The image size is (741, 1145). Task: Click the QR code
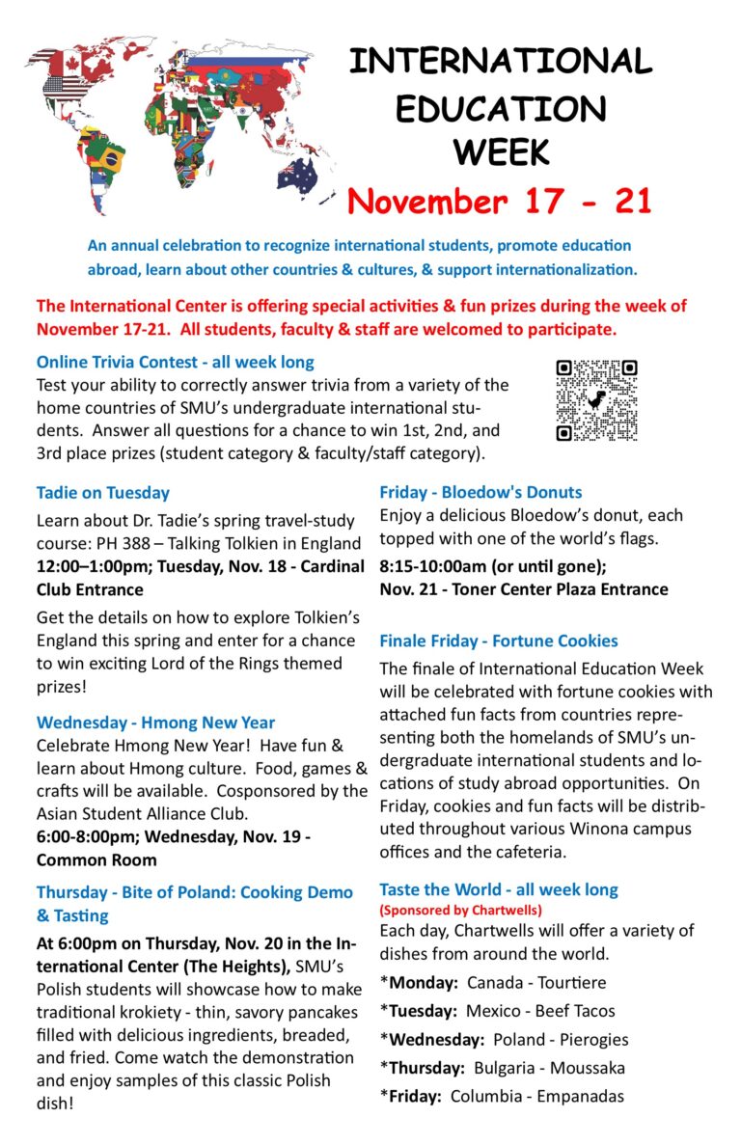(596, 400)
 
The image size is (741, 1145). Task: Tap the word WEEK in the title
(501, 151)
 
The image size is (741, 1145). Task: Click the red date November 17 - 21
(499, 201)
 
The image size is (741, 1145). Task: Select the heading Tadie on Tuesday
(103, 493)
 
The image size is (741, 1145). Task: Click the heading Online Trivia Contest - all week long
(175, 363)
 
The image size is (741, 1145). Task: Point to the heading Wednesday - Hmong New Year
(155, 722)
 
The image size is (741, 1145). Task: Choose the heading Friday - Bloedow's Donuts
(480, 492)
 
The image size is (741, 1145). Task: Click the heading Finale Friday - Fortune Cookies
(499, 641)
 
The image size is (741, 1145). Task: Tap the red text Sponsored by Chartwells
(461, 910)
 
